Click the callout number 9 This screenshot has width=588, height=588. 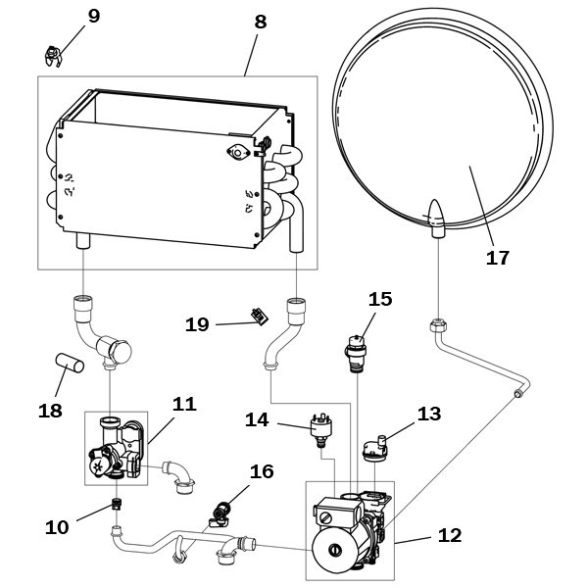(x=94, y=16)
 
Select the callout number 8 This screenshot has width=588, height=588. (x=261, y=22)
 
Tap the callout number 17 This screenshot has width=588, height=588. (x=498, y=258)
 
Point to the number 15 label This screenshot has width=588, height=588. (x=380, y=299)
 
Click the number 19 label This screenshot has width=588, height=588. (x=197, y=324)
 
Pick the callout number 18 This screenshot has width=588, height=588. (x=50, y=411)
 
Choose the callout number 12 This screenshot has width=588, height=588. (x=450, y=535)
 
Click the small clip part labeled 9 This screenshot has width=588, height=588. (x=53, y=56)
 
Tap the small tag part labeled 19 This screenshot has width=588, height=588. (x=260, y=316)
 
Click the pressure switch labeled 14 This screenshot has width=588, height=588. (x=319, y=430)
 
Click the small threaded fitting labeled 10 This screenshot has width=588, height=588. (x=117, y=504)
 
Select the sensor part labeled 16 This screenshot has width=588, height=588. (x=220, y=514)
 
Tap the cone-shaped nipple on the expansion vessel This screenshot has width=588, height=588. (x=436, y=219)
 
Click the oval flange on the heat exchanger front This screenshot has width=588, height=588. (x=238, y=152)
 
